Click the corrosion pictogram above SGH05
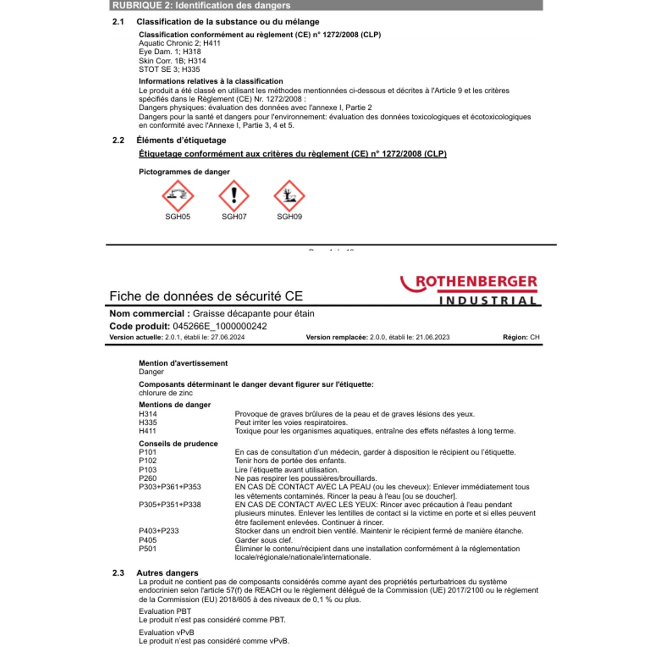point(177,196)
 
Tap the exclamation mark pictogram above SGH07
point(234,196)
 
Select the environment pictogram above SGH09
point(289,196)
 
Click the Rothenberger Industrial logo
point(469,289)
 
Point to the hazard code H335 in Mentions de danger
point(148,422)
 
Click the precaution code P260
point(148,479)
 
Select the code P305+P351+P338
point(170,505)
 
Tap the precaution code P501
point(148,549)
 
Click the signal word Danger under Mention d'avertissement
point(151,372)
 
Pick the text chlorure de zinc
point(166,393)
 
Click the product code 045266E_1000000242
point(220,326)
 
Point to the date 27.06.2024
point(228,337)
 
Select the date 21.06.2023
point(432,337)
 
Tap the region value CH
point(535,337)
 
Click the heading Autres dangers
point(167,573)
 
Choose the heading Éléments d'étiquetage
point(181,140)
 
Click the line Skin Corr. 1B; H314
point(172,61)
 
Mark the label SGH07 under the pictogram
point(234,216)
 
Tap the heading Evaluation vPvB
point(166,632)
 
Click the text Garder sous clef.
point(264,540)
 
